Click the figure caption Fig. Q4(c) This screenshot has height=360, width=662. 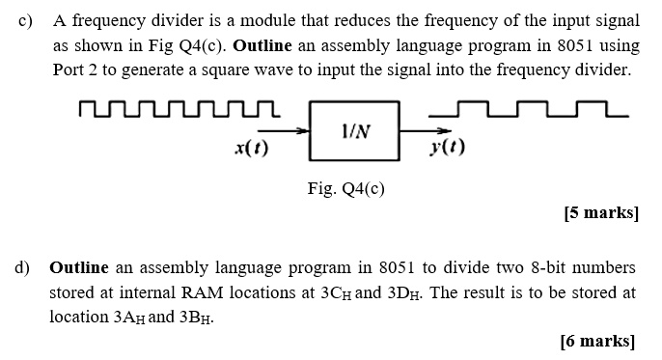click(346, 188)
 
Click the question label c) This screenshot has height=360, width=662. click(25, 20)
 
